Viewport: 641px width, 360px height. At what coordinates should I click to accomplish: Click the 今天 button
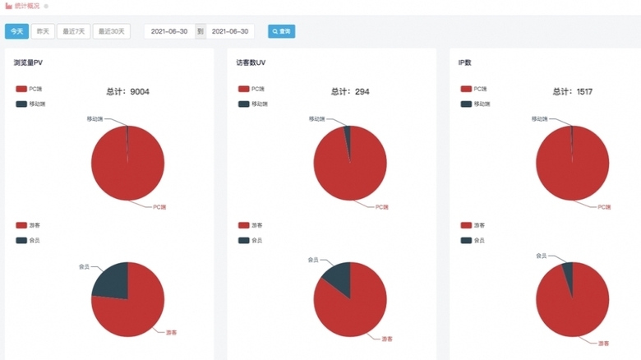(x=16, y=31)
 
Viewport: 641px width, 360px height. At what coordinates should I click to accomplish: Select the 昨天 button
(x=42, y=31)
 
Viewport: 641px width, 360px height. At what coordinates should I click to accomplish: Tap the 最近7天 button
(x=74, y=31)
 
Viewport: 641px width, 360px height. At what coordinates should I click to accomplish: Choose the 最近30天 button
(x=111, y=31)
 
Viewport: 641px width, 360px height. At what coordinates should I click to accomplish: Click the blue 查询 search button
(x=281, y=31)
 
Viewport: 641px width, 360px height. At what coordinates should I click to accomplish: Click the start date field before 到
(x=169, y=31)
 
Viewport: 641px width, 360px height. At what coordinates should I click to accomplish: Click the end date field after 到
(x=230, y=31)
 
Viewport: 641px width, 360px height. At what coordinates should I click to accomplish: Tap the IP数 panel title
(x=464, y=62)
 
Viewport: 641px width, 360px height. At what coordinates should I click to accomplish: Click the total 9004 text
(x=128, y=92)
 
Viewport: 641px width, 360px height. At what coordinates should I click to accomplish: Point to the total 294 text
(x=350, y=92)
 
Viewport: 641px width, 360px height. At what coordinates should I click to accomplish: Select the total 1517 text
(x=573, y=92)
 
